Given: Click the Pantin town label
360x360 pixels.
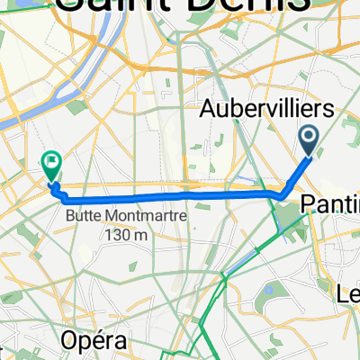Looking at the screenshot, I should point(329,202).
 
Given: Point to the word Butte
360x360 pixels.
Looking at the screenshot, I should point(84,216).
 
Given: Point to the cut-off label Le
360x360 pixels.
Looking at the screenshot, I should point(348,293).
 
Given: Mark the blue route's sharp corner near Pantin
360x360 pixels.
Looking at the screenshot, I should point(283,194).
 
